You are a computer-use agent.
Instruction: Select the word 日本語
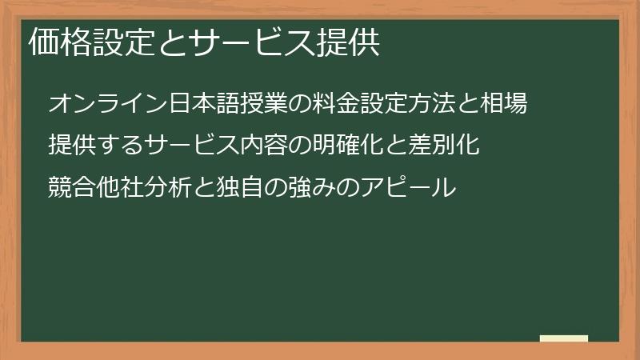[x=182, y=104]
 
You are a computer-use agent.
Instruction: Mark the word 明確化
[x=324, y=146]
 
